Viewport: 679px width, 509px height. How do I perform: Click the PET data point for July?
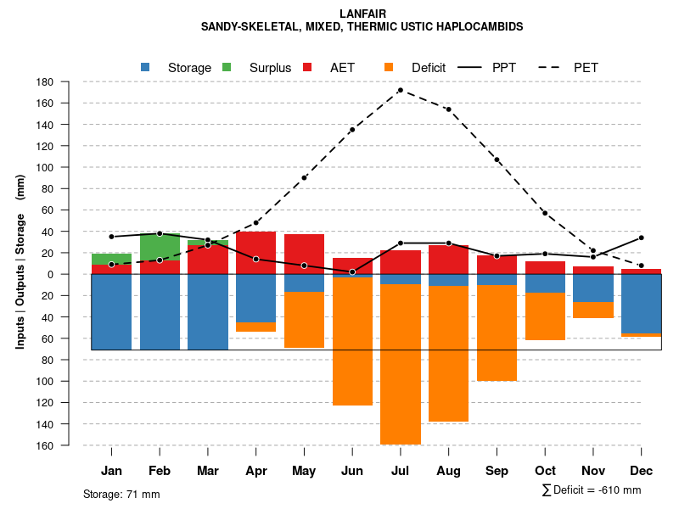pyautogui.click(x=400, y=90)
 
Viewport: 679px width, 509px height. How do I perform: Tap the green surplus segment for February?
pyautogui.click(x=160, y=248)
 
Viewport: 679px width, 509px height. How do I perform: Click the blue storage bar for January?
pyautogui.click(x=111, y=311)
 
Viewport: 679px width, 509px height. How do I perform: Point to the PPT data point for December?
pyautogui.click(x=641, y=238)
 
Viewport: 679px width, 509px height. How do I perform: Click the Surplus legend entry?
pyautogui.click(x=258, y=68)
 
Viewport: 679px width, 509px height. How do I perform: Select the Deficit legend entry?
pyautogui.click(x=416, y=68)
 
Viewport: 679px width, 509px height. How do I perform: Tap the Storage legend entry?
pyautogui.click(x=177, y=68)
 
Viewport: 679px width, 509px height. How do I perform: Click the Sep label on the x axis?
pyautogui.click(x=497, y=471)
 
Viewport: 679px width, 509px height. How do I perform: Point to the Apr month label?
pyautogui.click(x=256, y=471)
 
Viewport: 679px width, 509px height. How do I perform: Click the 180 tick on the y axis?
pyautogui.click(x=46, y=82)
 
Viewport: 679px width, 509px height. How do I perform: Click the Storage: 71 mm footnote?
pyautogui.click(x=121, y=494)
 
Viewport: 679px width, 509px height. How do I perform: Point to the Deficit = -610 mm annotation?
pyautogui.click(x=592, y=490)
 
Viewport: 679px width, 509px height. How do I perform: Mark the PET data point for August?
pyautogui.click(x=448, y=109)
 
